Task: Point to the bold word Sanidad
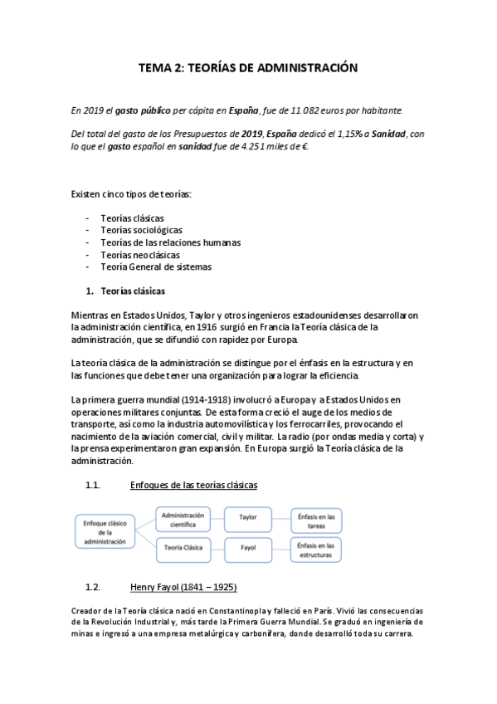click(x=390, y=133)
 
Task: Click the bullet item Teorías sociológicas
click(x=141, y=230)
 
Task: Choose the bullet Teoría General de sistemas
click(x=155, y=267)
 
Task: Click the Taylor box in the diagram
click(x=248, y=516)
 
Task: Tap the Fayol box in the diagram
click(x=248, y=549)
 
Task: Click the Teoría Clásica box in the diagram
click(x=185, y=549)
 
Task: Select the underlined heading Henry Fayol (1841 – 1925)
click(x=184, y=588)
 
